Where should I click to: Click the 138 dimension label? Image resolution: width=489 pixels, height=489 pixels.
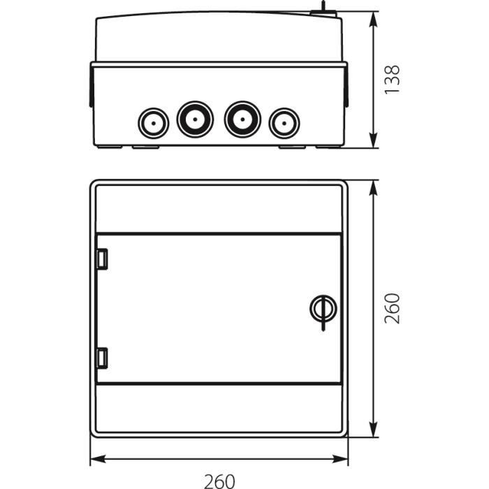click(392, 79)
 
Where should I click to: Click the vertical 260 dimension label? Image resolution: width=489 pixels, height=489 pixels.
click(392, 309)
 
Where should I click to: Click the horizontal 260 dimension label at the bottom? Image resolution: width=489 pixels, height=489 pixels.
click(219, 481)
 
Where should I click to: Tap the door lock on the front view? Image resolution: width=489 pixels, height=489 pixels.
click(323, 309)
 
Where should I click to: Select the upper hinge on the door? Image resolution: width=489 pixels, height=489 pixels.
click(102, 259)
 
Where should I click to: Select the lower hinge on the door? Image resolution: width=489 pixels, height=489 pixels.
click(102, 358)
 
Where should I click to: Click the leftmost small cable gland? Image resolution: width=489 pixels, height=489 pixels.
click(154, 123)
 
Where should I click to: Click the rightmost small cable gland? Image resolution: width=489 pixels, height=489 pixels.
click(284, 123)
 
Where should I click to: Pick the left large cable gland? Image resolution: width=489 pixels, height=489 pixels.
click(195, 119)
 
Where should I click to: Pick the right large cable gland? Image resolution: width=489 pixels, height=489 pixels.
click(242, 119)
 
